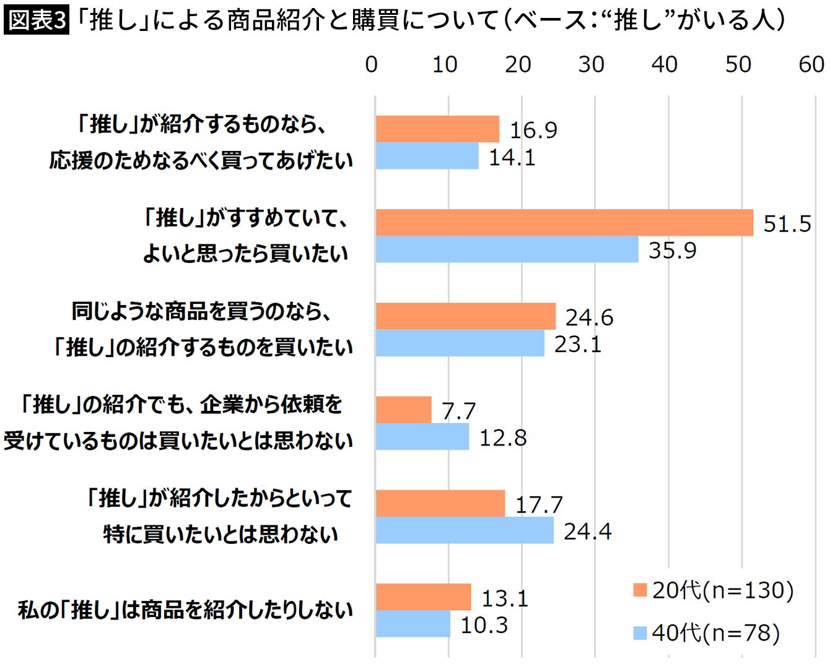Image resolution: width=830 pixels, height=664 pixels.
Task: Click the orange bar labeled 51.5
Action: point(564,223)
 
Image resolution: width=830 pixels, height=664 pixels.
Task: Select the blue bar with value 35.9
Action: point(507,249)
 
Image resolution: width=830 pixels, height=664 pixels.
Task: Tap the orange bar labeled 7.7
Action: point(403,410)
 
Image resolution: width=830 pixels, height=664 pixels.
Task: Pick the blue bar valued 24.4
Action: point(465,530)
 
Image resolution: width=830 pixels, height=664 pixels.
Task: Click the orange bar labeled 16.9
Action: point(437,129)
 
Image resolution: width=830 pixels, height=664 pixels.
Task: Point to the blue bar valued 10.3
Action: point(413,624)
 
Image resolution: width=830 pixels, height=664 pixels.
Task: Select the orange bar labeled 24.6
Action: point(466,316)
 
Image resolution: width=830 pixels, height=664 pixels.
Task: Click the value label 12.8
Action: point(503,438)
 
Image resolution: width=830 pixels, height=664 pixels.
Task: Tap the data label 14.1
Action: point(512,157)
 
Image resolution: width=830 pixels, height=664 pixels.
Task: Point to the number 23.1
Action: point(578,344)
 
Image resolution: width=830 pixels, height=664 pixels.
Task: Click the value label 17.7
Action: point(539,505)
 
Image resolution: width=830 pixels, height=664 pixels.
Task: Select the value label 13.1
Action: point(505,598)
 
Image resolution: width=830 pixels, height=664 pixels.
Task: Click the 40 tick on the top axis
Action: point(665,64)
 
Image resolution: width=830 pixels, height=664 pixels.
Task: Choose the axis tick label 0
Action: point(372,64)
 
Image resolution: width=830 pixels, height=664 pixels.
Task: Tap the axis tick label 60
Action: point(811,64)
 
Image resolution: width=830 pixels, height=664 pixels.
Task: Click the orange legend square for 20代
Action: point(640,590)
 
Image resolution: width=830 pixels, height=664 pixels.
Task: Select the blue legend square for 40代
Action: point(640,633)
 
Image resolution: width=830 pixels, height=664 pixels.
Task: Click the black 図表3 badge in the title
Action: point(37,20)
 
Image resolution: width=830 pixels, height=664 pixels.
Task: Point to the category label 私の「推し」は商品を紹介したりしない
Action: point(185,610)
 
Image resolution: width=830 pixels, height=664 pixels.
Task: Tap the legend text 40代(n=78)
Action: point(715,633)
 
